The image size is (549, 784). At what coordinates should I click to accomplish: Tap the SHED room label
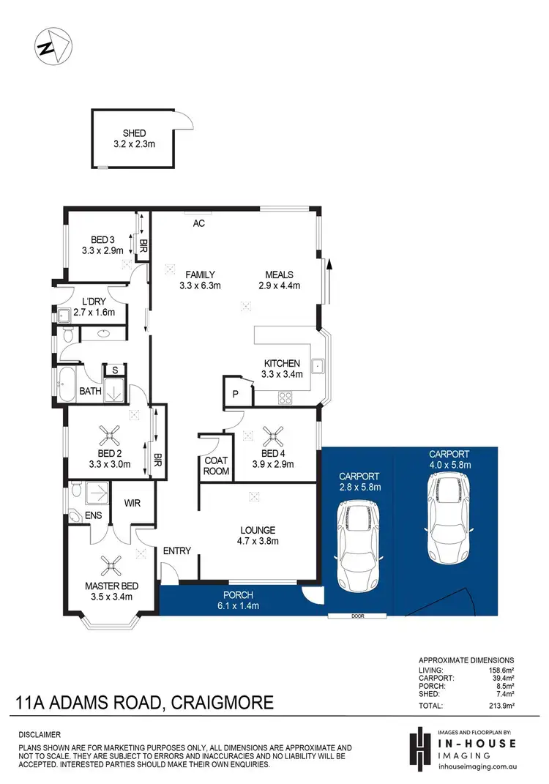click(134, 134)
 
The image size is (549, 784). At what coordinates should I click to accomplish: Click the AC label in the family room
click(198, 223)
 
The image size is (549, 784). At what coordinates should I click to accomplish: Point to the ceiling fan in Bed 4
click(274, 436)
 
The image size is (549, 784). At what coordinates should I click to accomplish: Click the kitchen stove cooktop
click(285, 399)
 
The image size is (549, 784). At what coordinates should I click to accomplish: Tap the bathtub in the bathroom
click(68, 384)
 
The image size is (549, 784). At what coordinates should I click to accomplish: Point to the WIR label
click(132, 504)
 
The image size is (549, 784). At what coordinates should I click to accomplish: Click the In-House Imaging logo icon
click(419, 748)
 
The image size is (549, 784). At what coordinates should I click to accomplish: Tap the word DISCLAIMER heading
click(40, 734)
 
